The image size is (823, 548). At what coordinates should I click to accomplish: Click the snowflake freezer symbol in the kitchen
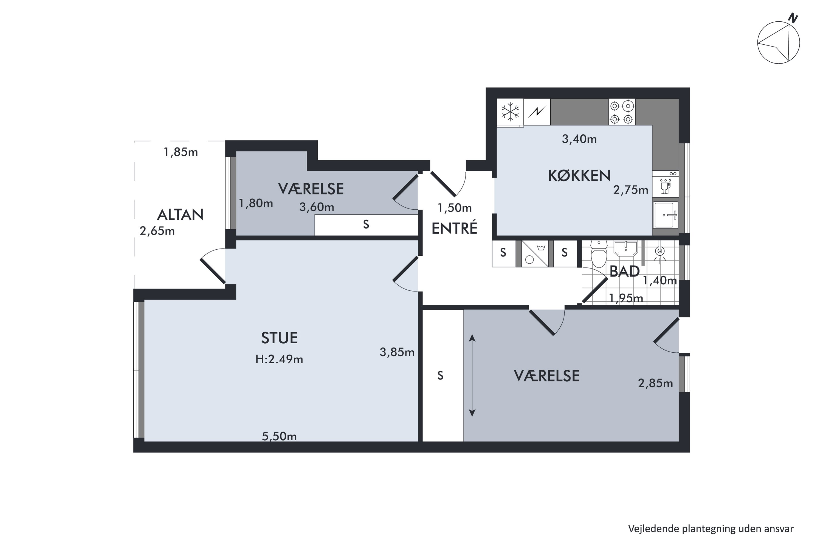pos(510,112)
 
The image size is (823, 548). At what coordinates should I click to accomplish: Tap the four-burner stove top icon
pos(622,112)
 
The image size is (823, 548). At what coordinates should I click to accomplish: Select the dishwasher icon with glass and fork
pos(665,186)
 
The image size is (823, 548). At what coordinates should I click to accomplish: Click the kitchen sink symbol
pos(666,215)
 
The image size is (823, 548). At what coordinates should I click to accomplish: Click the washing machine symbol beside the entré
pos(535,254)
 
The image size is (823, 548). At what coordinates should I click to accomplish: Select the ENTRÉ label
pos(454,228)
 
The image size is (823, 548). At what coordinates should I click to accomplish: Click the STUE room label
pos(279,338)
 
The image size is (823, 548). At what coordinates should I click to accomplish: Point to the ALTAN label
pos(180,215)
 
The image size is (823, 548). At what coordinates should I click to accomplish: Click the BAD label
pos(625,272)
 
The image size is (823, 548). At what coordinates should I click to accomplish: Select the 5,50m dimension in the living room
pos(279,436)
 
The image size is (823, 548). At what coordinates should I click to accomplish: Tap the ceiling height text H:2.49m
pos(279,359)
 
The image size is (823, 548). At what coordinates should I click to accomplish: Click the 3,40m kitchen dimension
pos(579,139)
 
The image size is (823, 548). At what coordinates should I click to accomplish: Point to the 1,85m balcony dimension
pos(181,152)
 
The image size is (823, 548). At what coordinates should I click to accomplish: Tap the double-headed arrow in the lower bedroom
pos(472,375)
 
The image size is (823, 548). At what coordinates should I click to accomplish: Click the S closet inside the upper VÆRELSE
pos(366,224)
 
